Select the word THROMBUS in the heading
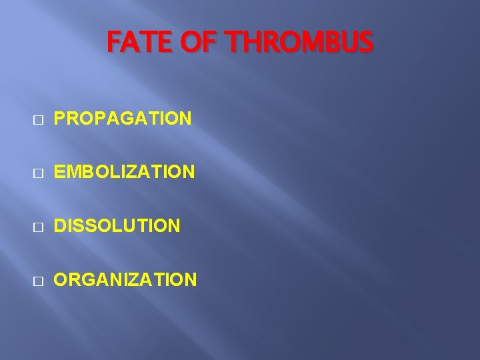(x=299, y=44)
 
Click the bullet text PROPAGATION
(x=123, y=119)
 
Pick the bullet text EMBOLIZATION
(x=125, y=173)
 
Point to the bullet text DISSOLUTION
(x=117, y=226)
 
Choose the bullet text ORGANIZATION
(x=125, y=279)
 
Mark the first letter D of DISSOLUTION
(x=60, y=226)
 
